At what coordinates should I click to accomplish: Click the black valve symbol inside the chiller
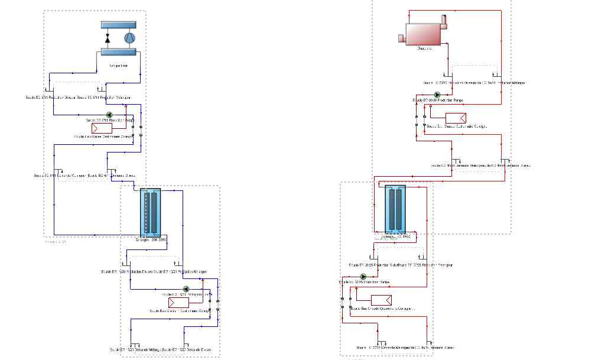coord(108,38)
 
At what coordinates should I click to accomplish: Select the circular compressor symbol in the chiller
coord(129,38)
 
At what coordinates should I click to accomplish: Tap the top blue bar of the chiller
coord(118,25)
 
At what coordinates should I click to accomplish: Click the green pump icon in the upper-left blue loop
coord(109,116)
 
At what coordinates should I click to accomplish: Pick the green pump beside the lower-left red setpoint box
coord(186,290)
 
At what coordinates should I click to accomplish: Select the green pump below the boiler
coord(437,95)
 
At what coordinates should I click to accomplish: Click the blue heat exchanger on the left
coord(151,212)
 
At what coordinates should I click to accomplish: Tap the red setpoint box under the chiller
coord(102,128)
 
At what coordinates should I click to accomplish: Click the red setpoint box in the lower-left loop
coord(179,302)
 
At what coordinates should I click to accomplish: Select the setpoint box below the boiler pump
coord(456,116)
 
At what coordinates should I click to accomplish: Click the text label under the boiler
coord(424,48)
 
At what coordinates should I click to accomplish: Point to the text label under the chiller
coord(119,66)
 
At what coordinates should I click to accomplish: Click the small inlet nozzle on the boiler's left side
coord(402,38)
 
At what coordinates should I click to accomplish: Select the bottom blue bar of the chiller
coord(118,52)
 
